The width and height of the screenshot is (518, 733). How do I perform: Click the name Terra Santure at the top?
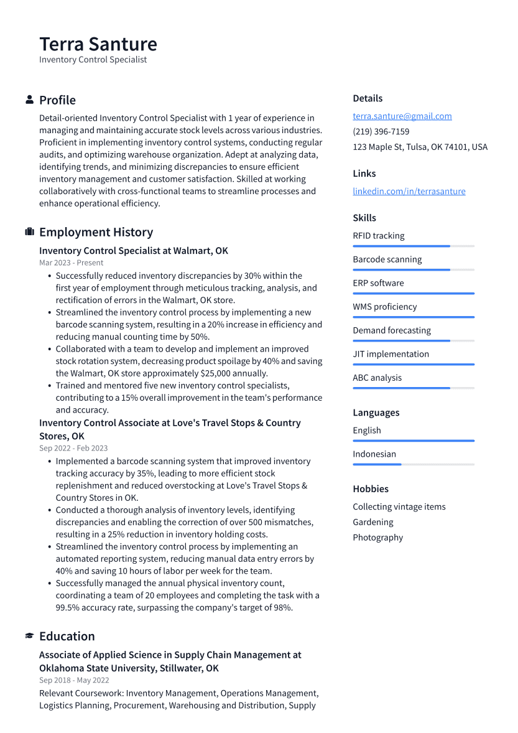98,44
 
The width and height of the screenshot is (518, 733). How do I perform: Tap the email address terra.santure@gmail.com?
402,116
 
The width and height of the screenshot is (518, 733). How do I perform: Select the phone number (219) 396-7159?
381,131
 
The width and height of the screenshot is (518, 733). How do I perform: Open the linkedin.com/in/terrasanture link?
409,191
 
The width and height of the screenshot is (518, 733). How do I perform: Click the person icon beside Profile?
29,100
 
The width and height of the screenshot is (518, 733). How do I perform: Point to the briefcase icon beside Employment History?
29,232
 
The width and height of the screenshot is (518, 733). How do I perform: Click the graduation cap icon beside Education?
29,636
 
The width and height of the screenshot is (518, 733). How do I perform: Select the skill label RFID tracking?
378,236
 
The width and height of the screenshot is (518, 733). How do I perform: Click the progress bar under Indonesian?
413,464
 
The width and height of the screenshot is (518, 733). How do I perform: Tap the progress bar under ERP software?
413,293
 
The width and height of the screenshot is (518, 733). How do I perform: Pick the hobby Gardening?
372,522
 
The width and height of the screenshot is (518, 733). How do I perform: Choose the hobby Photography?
377,538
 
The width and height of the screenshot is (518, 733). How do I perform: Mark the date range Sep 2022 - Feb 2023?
73,448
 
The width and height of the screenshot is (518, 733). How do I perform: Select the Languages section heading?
376,413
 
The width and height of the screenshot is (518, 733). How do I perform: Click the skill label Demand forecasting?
391,330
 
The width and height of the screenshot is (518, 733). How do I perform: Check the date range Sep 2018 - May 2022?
73,680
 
